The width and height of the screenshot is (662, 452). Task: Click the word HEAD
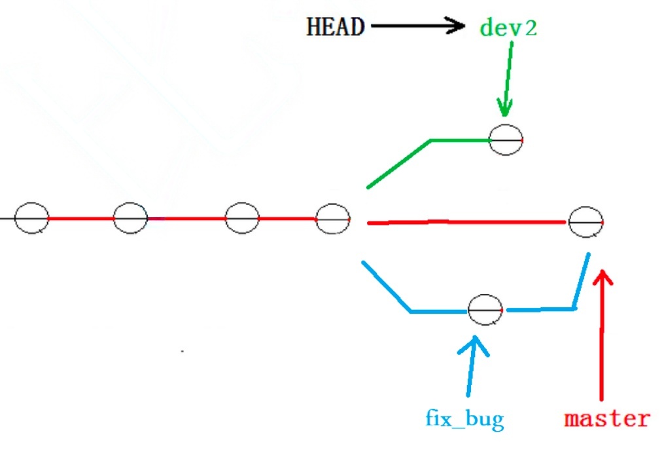[336, 27]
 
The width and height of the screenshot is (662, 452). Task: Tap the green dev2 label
[508, 28]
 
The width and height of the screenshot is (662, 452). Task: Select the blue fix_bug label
[464, 417]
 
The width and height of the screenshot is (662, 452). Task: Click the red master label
[607, 418]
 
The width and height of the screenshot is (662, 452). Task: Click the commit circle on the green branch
[506, 140]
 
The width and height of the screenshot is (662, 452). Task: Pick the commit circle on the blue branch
[485, 309]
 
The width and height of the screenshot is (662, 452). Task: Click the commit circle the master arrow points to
[585, 223]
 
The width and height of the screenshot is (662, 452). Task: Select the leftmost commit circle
[31, 218]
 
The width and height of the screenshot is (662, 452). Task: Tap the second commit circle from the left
[130, 217]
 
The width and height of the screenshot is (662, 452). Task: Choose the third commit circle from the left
[242, 217]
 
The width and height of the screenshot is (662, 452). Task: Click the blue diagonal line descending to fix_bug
[386, 286]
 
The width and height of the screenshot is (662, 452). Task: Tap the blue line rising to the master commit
[581, 282]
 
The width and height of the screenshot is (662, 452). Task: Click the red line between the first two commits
[80, 218]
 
